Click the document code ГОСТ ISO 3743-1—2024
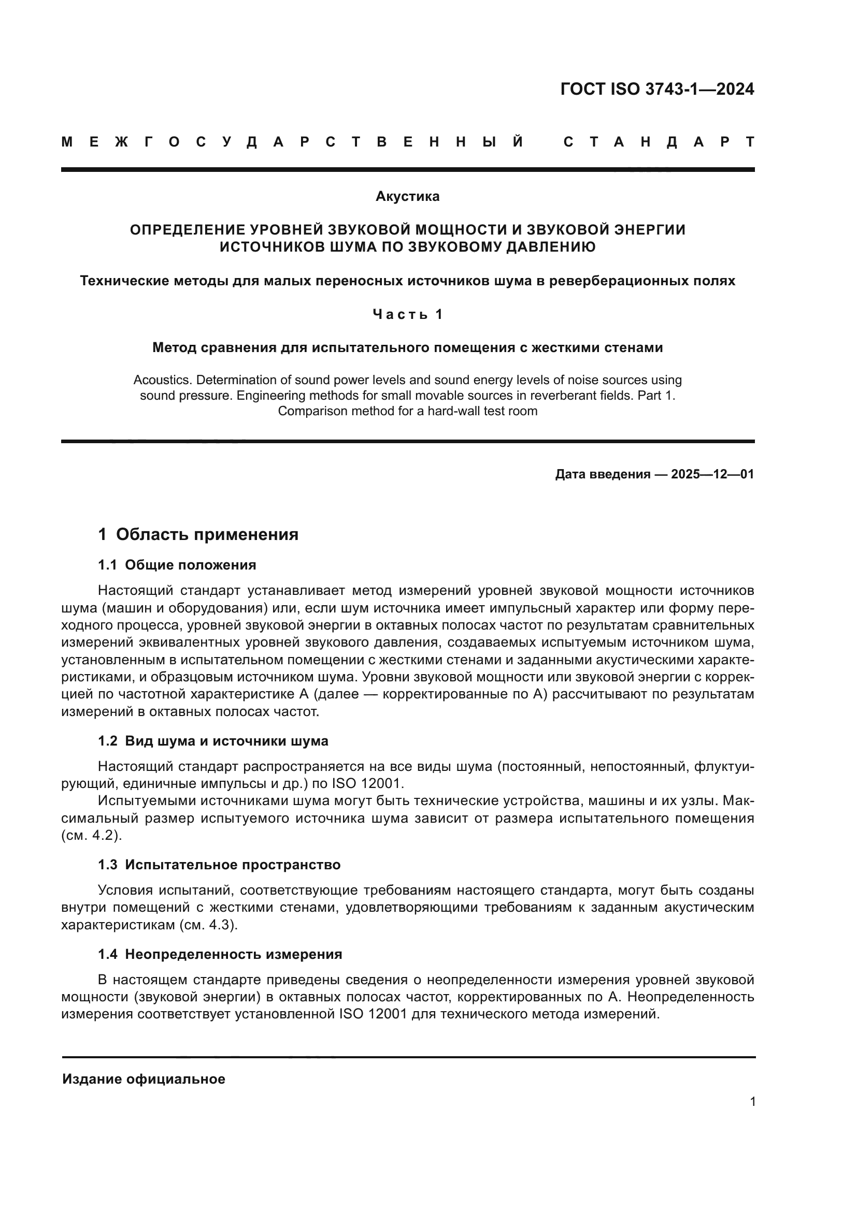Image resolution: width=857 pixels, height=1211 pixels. pyautogui.click(x=657, y=90)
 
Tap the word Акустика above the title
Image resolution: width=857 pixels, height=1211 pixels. pyautogui.click(x=407, y=197)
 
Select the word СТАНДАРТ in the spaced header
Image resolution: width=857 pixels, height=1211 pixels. pyautogui.click(x=659, y=142)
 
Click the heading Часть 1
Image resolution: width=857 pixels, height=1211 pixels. pyautogui.click(x=407, y=314)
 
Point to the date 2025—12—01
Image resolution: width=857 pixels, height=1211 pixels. pyautogui.click(x=712, y=474)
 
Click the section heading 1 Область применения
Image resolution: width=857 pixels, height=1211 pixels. pyautogui.click(x=198, y=534)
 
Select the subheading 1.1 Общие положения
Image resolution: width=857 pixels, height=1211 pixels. pyautogui.click(x=177, y=565)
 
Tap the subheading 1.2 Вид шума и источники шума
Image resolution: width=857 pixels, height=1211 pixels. pyautogui.click(x=212, y=741)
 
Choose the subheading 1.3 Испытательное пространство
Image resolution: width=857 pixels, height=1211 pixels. pyautogui.click(x=219, y=865)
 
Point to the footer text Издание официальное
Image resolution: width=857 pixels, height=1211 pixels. pyautogui.click(x=144, y=1079)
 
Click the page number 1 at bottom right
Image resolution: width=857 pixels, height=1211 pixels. pyautogui.click(x=752, y=1102)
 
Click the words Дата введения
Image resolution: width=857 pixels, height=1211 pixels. pyautogui.click(x=603, y=474)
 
